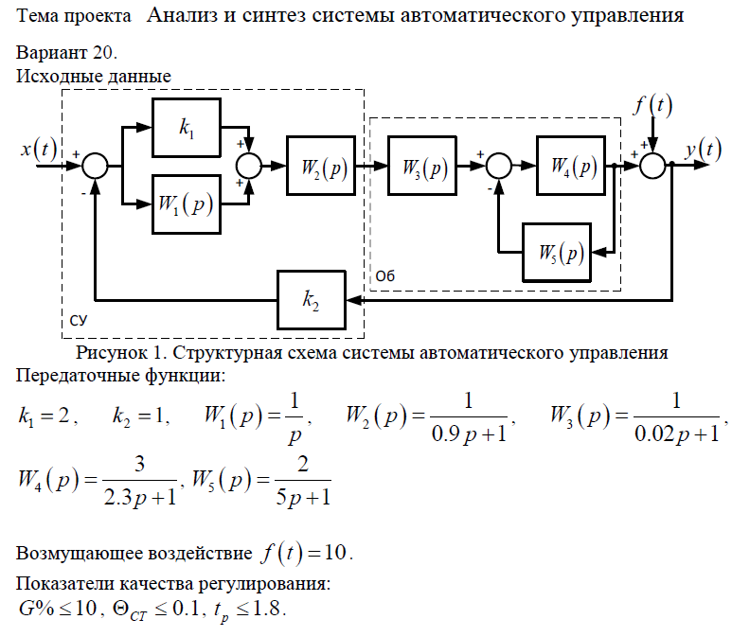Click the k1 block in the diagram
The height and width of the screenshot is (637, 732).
[187, 129]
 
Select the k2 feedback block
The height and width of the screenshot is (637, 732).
[311, 299]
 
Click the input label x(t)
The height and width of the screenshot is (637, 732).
[39, 149]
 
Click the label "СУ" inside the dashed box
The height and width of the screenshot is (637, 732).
[80, 323]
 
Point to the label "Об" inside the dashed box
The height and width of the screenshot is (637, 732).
[384, 275]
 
